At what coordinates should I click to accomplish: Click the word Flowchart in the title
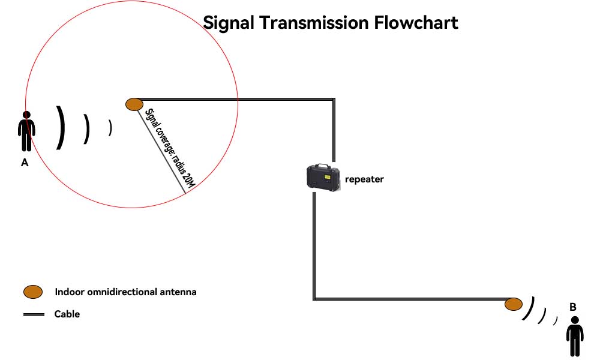click(x=416, y=22)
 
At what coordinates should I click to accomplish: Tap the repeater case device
click(x=323, y=177)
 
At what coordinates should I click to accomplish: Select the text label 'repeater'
click(x=364, y=179)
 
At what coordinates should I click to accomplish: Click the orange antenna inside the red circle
click(x=134, y=104)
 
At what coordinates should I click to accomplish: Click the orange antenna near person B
click(x=513, y=304)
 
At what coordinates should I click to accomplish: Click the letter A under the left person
click(x=25, y=162)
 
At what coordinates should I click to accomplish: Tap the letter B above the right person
click(x=573, y=307)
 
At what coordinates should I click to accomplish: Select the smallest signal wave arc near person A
click(x=110, y=128)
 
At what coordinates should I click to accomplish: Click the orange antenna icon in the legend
click(x=33, y=292)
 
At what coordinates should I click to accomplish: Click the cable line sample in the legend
click(x=34, y=314)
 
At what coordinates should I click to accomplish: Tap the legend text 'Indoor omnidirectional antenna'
click(x=125, y=292)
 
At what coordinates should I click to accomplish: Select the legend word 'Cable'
click(x=67, y=314)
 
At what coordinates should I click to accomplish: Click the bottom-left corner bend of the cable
click(x=314, y=298)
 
